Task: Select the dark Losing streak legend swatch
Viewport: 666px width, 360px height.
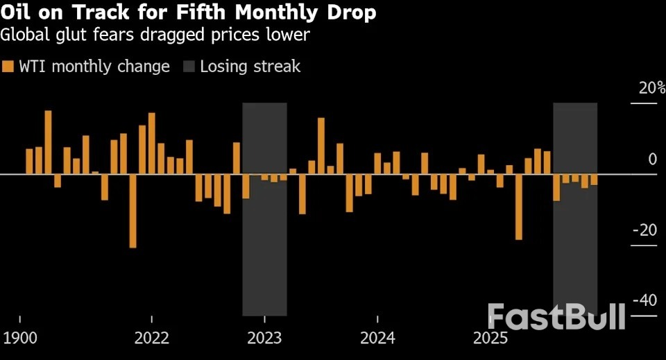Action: (189, 67)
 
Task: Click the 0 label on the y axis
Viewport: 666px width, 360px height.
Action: (652, 159)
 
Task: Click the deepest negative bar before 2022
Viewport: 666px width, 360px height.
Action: (133, 211)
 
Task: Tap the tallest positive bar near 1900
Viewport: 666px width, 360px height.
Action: (48, 142)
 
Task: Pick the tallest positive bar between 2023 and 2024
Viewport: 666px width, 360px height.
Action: (321, 146)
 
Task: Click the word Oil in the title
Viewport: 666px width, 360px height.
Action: (19, 13)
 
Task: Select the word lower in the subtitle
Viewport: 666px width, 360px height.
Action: (290, 35)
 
